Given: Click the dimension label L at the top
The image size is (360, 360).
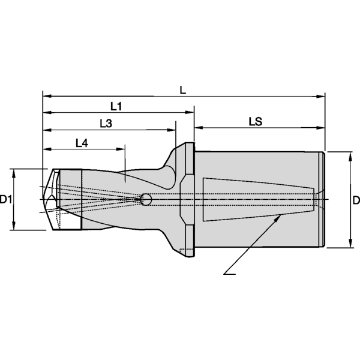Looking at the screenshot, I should (183, 88).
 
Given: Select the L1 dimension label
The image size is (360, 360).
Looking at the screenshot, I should (116, 106).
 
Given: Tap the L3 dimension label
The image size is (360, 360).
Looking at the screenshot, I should (106, 123).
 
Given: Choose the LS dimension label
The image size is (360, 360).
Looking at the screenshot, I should (256, 121).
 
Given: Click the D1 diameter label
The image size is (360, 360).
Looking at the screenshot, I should (7, 199).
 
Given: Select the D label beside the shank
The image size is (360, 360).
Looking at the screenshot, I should (355, 199).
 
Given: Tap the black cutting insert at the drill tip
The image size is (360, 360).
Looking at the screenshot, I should (71, 200).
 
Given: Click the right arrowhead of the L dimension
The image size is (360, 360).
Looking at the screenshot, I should (321, 95).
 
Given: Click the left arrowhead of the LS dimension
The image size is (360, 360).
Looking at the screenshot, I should (198, 128).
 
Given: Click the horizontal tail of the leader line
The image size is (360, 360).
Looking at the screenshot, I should (230, 275).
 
